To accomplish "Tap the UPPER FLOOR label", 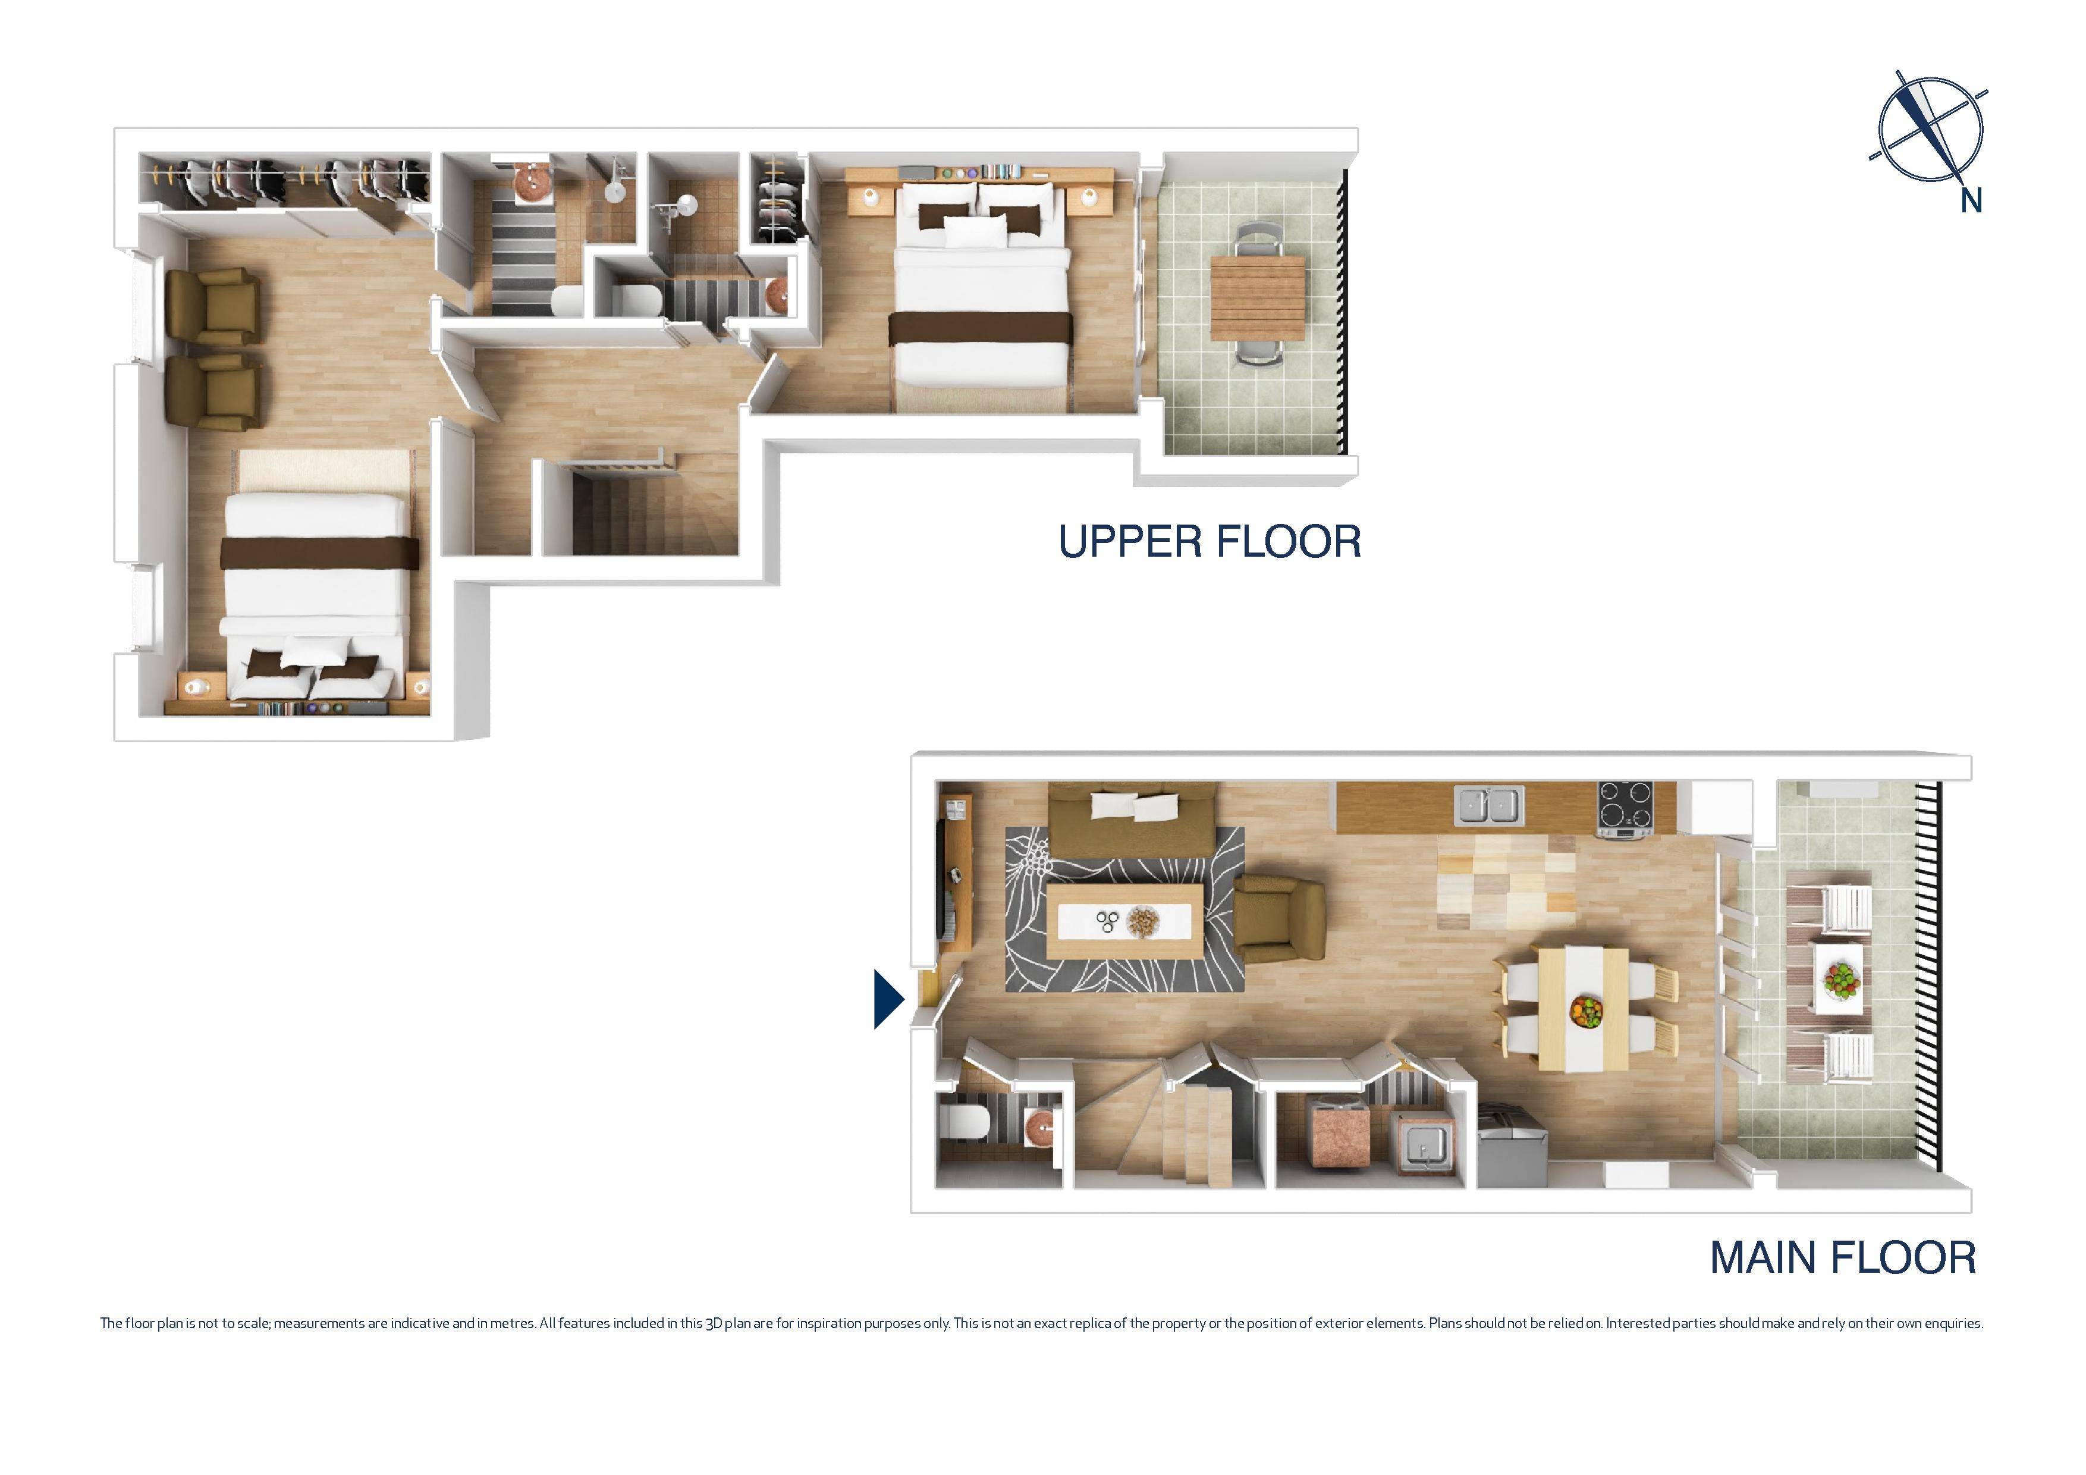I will tap(1209, 542).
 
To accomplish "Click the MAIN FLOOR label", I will tap(1843, 1258).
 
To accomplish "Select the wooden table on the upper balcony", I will tap(1258, 297).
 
